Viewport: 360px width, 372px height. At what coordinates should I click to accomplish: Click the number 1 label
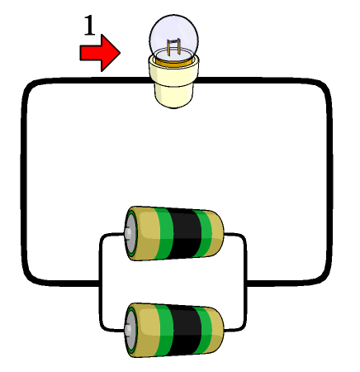pyautogui.click(x=89, y=26)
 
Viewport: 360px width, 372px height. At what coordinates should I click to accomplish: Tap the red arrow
pyautogui.click(x=100, y=53)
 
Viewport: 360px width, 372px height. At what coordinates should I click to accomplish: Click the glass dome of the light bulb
pyautogui.click(x=173, y=36)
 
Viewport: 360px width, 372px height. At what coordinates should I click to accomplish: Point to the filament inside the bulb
pyautogui.click(x=174, y=46)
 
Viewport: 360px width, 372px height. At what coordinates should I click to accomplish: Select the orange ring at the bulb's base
pyautogui.click(x=173, y=61)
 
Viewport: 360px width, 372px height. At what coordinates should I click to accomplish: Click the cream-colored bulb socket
pyautogui.click(x=174, y=83)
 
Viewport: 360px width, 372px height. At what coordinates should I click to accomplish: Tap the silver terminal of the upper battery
pyautogui.click(x=129, y=233)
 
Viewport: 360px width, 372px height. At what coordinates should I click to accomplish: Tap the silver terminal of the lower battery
pyautogui.click(x=129, y=330)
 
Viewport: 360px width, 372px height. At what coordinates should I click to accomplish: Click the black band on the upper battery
pyautogui.click(x=185, y=233)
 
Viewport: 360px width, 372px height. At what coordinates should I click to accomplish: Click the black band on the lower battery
pyautogui.click(x=185, y=331)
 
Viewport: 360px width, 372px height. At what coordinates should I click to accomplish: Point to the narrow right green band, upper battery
pyautogui.click(x=205, y=233)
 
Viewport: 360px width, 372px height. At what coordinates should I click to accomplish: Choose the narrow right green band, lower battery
pyautogui.click(x=205, y=331)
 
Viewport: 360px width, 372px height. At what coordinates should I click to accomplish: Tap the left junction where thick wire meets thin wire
pyautogui.click(x=101, y=283)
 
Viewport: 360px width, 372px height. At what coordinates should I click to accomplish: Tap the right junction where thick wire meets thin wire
pyautogui.click(x=245, y=283)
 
